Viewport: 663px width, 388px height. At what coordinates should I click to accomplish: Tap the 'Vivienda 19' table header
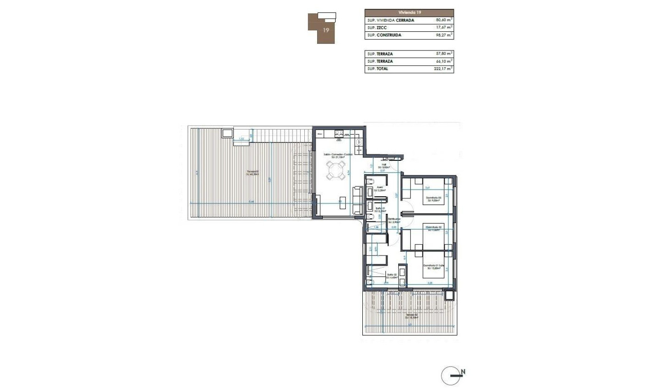[409, 12]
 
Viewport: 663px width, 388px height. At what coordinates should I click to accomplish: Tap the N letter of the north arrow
[463, 372]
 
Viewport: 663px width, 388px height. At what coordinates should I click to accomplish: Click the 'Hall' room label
[383, 165]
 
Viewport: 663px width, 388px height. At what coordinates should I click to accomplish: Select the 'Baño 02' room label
[391, 275]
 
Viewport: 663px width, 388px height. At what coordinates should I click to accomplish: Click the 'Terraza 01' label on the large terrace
[252, 172]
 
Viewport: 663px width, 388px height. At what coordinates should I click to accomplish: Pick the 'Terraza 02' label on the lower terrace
[411, 315]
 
